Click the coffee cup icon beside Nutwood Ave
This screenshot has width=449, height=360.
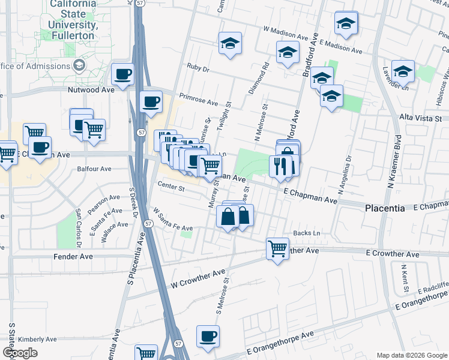(123, 74)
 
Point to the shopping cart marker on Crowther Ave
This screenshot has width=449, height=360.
(277, 248)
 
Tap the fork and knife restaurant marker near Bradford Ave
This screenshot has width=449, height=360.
(280, 166)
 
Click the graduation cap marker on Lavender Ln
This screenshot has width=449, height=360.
(403, 72)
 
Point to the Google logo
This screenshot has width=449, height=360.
(19, 352)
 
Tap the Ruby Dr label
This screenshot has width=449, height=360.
(197, 68)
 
